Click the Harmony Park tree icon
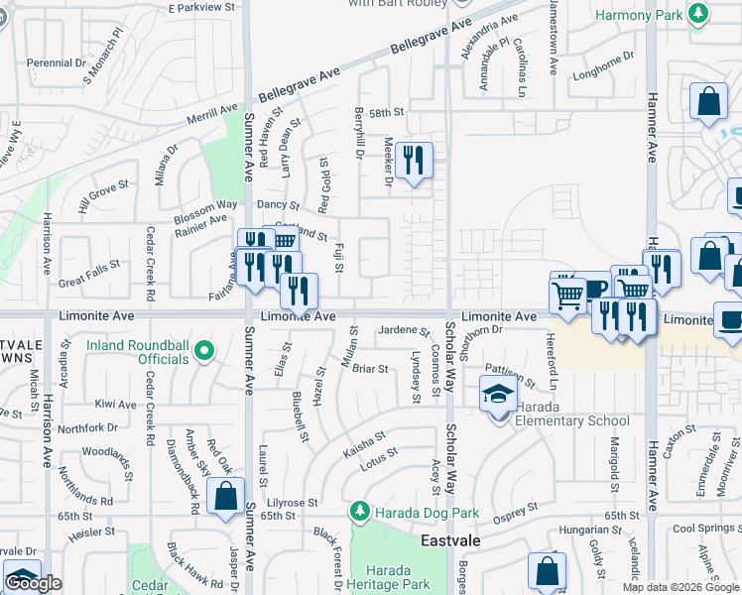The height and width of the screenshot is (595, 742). (700, 13)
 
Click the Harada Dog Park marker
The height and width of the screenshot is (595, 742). (360, 513)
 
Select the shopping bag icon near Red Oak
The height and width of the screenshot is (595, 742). (226, 496)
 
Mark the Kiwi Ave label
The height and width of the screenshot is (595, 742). (116, 405)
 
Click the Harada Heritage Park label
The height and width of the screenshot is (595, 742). (395, 577)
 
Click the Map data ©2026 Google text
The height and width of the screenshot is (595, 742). (680, 587)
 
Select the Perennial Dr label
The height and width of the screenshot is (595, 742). (57, 62)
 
